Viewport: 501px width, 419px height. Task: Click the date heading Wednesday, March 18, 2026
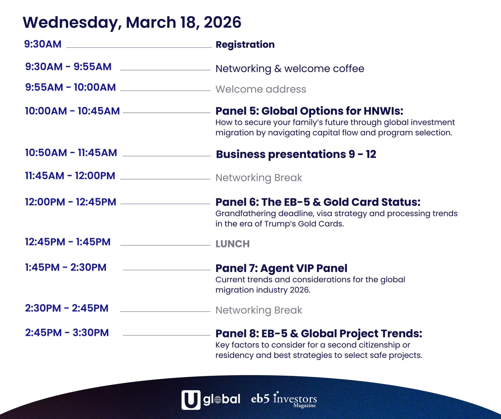pos(132,23)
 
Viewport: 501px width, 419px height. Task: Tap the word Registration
pos(245,45)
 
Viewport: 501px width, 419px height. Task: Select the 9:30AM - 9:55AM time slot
pos(68,67)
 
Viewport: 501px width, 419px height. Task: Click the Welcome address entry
pos(261,89)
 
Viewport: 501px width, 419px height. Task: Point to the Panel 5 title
pos(309,111)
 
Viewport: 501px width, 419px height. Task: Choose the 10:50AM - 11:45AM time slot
pos(71,153)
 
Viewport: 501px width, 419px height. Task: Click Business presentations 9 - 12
pos(296,154)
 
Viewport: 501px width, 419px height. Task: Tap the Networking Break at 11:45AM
pos(259,178)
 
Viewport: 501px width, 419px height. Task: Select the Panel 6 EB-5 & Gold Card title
pos(318,202)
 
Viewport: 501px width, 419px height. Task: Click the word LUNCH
pos(232,244)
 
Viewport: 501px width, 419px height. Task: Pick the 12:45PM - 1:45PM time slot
pos(68,242)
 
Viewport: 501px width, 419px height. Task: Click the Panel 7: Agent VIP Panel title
pos(281,268)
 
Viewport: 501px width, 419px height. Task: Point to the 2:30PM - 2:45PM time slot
pos(67,308)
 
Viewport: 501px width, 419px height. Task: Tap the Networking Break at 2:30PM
pos(259,310)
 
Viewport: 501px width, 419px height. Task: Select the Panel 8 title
pos(319,334)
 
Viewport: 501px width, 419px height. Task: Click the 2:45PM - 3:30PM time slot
pos(67,333)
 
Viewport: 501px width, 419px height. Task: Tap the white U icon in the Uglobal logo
pos(191,400)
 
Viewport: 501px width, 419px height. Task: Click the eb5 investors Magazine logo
pos(284,399)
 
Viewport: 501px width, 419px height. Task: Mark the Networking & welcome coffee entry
pos(290,69)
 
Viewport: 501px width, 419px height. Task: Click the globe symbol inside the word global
pos(218,400)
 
